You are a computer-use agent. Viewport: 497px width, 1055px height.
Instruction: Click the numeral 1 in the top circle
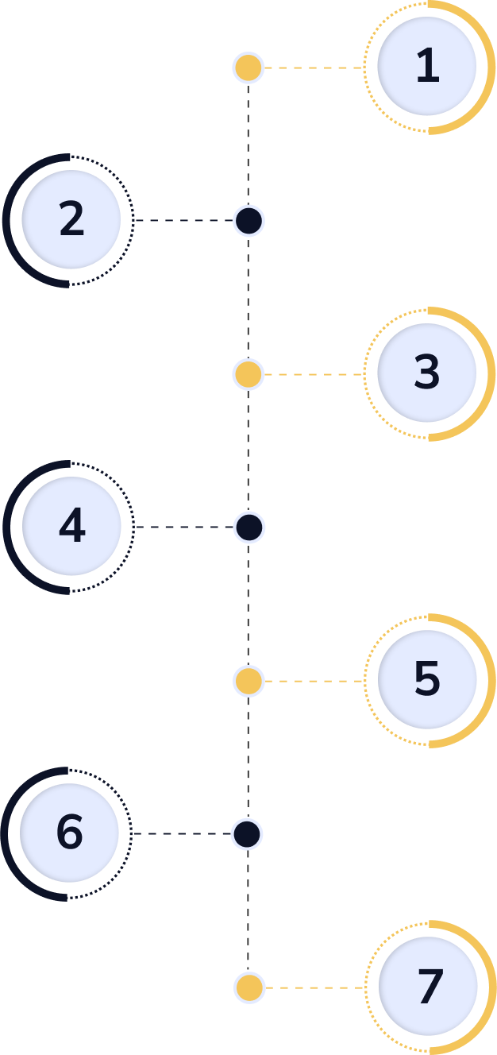427,67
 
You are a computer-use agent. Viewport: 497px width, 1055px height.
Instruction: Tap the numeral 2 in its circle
71,220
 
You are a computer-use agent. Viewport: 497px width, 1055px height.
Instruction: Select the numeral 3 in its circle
427,373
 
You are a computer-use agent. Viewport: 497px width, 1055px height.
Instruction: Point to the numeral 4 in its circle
71,526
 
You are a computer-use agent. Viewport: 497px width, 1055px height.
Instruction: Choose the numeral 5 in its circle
427,679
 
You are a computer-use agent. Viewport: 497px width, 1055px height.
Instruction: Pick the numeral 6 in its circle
70,833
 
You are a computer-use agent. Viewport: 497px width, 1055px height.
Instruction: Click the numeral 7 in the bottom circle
429,986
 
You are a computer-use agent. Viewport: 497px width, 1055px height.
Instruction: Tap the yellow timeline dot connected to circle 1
248,68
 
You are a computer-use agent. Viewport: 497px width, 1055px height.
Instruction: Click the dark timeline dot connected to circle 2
248,221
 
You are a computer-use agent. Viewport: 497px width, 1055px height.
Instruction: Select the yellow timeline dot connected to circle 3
248,374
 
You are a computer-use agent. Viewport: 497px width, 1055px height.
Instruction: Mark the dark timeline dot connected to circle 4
249,527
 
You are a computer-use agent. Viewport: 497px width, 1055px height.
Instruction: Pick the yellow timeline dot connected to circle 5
249,681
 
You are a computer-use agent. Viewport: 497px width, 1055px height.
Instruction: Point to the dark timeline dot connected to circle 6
247,834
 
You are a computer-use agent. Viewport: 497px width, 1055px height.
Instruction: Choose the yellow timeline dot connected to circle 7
249,987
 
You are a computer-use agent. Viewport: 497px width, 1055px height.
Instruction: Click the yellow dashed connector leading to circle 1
314,68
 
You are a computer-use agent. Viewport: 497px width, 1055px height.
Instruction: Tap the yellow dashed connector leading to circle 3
314,374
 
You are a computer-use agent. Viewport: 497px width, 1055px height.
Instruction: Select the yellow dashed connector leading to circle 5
314,681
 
